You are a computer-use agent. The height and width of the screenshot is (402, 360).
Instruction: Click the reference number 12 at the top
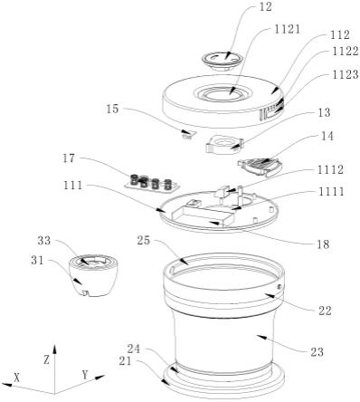(x=265, y=7)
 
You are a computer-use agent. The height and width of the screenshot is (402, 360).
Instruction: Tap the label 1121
(x=287, y=29)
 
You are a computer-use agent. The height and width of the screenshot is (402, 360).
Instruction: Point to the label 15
(x=113, y=109)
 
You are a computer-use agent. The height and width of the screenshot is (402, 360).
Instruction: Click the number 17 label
(x=69, y=158)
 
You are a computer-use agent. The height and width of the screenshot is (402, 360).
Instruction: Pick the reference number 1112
(x=330, y=169)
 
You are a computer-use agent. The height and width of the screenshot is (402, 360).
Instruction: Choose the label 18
(x=323, y=244)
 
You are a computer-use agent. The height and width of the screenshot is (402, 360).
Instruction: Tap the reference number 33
(x=44, y=241)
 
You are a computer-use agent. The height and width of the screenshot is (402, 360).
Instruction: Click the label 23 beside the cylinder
(x=317, y=352)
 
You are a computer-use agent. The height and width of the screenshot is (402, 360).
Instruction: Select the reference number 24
(x=134, y=349)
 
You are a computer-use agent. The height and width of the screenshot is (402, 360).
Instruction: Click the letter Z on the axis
(x=46, y=359)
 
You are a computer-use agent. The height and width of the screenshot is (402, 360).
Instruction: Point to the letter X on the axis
(x=17, y=378)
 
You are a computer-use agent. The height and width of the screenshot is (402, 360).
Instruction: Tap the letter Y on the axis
(x=85, y=375)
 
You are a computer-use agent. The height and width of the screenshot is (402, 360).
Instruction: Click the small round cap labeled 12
(x=223, y=60)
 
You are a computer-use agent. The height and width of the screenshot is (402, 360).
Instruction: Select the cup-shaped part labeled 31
(x=91, y=275)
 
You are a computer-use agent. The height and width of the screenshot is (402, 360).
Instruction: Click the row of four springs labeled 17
(x=152, y=183)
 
